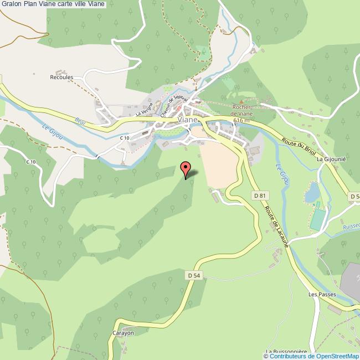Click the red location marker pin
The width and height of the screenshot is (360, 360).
[x=186, y=168]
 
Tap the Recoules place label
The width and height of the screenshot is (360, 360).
[x=61, y=77]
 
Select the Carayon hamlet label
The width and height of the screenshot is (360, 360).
[x=123, y=333]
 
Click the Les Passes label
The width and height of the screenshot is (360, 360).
[x=322, y=295]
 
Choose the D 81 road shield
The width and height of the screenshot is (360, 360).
[x=259, y=195]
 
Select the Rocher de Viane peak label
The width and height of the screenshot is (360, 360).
[x=242, y=110]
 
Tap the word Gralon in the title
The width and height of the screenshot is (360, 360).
[x=12, y=5]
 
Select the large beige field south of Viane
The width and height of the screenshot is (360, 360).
[x=219, y=163]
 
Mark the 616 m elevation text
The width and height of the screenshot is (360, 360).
[x=242, y=120]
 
